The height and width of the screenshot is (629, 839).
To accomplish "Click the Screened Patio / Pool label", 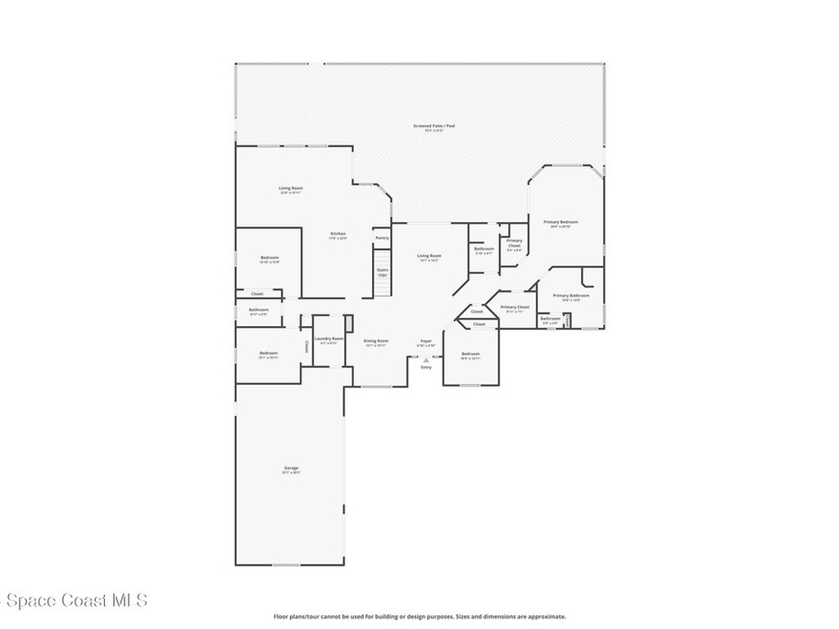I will (x=433, y=126).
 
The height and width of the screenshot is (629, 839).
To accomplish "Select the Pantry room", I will (x=382, y=238).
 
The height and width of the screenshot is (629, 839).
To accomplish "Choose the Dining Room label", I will (x=376, y=341).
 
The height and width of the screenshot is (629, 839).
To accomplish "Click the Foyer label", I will (x=426, y=341).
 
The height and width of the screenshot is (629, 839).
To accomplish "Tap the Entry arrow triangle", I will (x=426, y=360).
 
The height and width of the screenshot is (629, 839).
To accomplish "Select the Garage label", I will (x=291, y=468).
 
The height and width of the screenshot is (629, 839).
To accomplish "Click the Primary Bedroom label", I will (x=561, y=222).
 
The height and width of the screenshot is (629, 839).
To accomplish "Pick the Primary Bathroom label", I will (x=571, y=296).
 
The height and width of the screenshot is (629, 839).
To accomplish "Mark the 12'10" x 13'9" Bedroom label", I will (x=270, y=258).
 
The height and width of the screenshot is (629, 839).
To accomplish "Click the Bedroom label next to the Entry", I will (x=469, y=354).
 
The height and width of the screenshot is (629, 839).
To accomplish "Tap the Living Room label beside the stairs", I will (x=429, y=256).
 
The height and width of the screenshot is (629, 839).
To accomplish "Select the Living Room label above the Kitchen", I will (x=291, y=188).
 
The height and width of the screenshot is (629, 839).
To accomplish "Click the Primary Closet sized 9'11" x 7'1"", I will (x=515, y=307).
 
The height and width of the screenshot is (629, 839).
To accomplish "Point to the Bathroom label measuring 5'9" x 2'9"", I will (x=550, y=319).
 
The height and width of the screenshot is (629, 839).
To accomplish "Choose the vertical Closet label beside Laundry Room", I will (x=306, y=346).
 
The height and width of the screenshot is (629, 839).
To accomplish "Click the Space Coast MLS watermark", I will (x=74, y=600).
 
